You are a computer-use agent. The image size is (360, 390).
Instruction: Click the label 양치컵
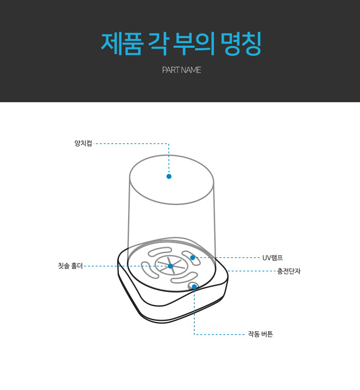pos(83,144)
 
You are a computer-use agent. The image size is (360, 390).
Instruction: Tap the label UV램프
pos(273,258)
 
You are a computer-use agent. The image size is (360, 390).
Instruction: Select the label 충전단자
pos(288,271)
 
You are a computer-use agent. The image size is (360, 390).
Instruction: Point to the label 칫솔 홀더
pos(70,266)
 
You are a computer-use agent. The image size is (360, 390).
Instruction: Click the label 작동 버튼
pos(260,334)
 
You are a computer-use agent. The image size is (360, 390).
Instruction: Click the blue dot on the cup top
pos(169,176)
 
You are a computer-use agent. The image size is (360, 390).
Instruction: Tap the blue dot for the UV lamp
pos(193,258)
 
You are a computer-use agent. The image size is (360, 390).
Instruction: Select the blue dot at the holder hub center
pos(170,266)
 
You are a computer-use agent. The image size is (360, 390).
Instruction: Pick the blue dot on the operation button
pos(194,287)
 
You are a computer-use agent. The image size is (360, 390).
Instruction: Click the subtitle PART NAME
pos(182,70)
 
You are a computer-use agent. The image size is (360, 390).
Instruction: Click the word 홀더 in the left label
pos(76,266)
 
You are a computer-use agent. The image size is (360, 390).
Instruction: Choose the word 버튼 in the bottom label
pos(267,334)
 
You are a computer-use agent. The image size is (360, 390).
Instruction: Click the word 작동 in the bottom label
pos(254,334)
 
